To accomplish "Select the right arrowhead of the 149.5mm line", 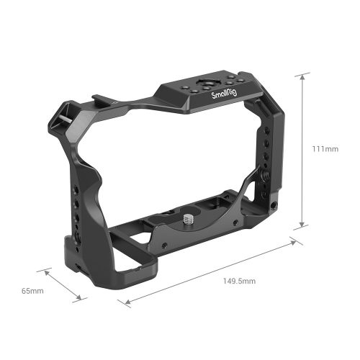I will pos(297,241).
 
